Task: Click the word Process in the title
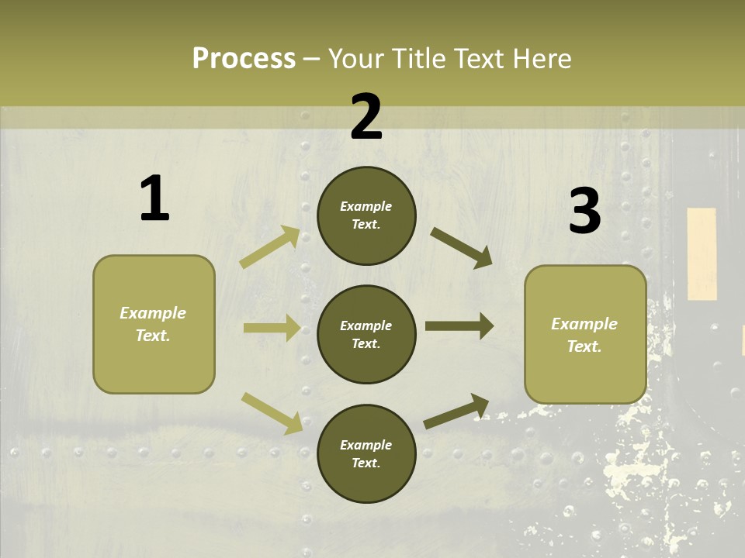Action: (x=244, y=58)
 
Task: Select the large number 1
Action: (x=154, y=199)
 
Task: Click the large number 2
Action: (x=366, y=117)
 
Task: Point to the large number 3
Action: (x=584, y=212)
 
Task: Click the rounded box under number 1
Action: (x=154, y=324)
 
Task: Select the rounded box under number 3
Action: (x=585, y=335)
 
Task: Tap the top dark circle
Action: (x=366, y=215)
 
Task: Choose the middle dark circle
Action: (x=366, y=334)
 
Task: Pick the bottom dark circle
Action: (x=366, y=453)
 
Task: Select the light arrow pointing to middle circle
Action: (x=272, y=328)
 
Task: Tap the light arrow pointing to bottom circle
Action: (x=272, y=412)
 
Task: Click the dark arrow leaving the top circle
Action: (x=461, y=247)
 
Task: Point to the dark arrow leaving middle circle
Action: (x=459, y=326)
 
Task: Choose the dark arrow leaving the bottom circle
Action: (x=456, y=411)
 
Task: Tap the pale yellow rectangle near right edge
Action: (x=702, y=253)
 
